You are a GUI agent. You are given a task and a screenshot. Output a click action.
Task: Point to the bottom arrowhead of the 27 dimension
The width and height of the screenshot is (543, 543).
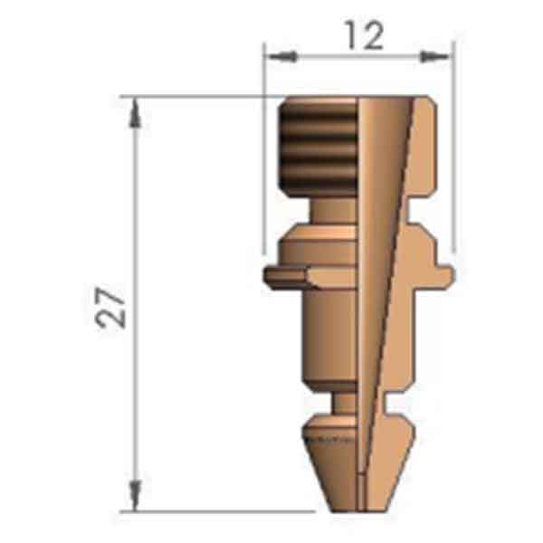(x=135, y=495)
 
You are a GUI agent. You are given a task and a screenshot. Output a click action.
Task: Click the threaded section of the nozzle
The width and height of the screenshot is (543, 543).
(x=319, y=145)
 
